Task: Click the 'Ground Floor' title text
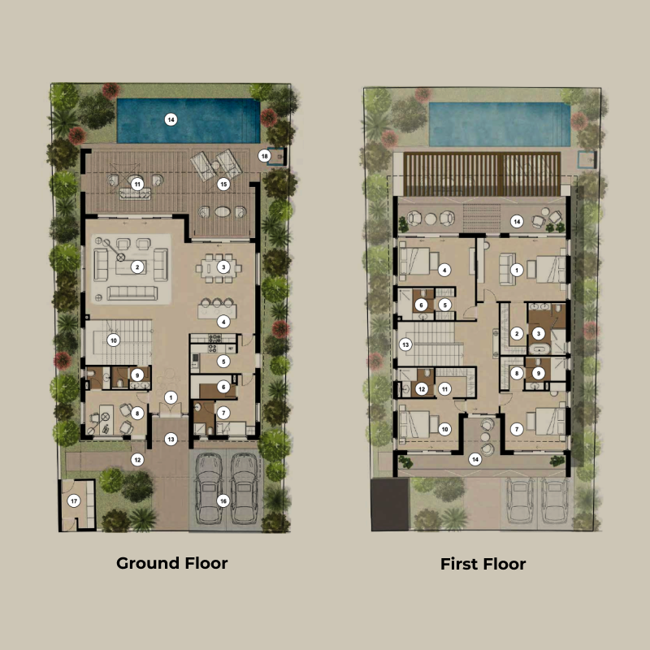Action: (171, 563)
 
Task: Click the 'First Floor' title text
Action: (483, 563)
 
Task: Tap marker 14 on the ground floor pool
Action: (171, 119)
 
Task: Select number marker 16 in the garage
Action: (223, 500)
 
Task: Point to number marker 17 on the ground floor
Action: (74, 500)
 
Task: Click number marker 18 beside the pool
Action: (264, 155)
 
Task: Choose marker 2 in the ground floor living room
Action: (138, 266)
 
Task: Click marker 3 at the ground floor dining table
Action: (223, 266)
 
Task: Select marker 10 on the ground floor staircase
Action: (114, 340)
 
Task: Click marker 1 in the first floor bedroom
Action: (515, 271)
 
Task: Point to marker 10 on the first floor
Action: (444, 427)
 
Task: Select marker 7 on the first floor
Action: (515, 428)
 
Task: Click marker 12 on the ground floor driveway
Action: (137, 460)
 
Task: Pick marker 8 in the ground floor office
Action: (137, 414)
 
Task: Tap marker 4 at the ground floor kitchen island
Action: (223, 322)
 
